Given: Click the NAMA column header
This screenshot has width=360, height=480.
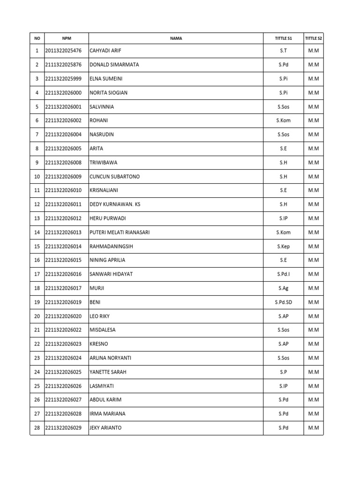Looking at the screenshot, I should tap(176, 38).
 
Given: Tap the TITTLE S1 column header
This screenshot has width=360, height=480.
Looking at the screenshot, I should tap(283, 38).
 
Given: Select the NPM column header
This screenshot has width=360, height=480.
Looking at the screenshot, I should tap(67, 38).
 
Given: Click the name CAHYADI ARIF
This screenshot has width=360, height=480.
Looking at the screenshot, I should tap(105, 51).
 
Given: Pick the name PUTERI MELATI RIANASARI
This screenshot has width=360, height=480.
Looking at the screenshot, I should tap(120, 232).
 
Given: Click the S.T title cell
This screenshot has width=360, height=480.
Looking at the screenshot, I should tap(283, 51).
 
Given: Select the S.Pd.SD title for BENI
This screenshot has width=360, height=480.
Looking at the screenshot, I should tap(283, 302).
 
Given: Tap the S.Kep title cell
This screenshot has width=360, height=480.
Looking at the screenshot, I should tap(283, 246).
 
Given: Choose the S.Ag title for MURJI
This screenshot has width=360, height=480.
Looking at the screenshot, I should tap(283, 288).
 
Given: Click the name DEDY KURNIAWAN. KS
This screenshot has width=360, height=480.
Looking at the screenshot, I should tap(114, 204).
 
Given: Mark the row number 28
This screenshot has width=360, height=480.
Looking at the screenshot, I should tap(37, 427).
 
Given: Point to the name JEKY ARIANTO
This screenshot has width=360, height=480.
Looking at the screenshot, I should tap(105, 427).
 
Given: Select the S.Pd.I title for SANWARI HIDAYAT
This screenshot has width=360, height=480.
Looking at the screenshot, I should tap(283, 274).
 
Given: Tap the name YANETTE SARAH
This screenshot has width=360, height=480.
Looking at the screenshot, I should tap(108, 372).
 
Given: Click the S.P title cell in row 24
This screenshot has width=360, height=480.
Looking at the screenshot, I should tap(283, 372).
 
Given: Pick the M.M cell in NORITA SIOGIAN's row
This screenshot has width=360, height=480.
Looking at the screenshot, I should tap(313, 93).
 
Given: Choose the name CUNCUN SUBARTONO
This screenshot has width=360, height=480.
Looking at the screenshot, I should tap(114, 177).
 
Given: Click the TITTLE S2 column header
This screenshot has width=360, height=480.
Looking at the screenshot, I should tap(313, 38).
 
